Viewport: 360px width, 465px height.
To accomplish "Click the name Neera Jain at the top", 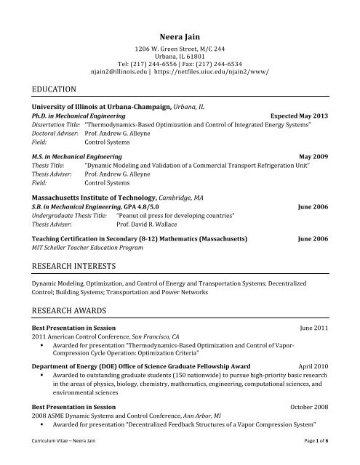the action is [x=180, y=36].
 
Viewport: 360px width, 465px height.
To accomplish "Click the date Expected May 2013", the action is [x=299, y=116].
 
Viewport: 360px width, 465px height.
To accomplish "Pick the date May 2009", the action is [x=314, y=156].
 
